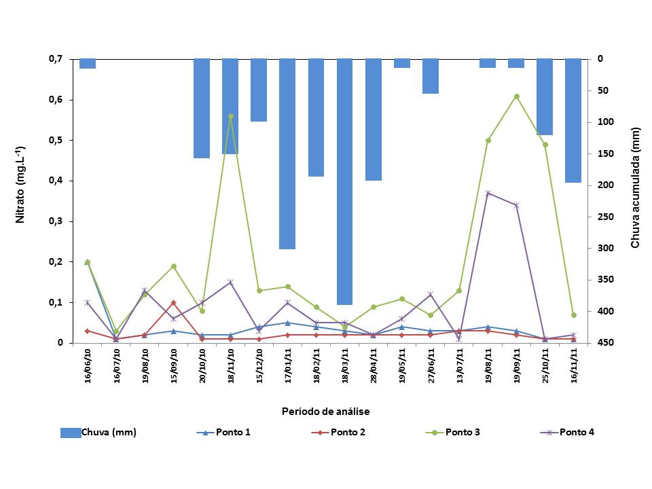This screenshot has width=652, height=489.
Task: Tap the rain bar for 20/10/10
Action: tap(202, 108)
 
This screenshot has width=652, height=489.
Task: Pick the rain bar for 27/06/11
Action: tap(431, 76)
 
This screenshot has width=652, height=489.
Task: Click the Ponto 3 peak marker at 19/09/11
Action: tap(516, 96)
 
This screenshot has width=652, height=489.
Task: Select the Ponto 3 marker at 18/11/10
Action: tap(231, 116)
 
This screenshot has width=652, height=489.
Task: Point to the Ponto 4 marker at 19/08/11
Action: tap(488, 193)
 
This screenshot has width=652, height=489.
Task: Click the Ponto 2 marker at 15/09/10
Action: tap(173, 302)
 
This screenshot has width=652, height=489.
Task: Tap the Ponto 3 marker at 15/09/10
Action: tap(173, 266)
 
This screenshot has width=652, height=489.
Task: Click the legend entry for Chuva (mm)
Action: tap(99, 433)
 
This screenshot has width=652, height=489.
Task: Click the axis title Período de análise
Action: tap(326, 412)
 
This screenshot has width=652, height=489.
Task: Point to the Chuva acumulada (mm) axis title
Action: tap(635, 187)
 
